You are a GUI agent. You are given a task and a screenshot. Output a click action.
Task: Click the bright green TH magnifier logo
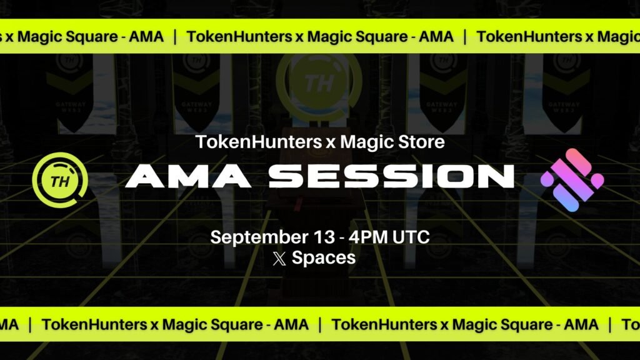pos(60,180)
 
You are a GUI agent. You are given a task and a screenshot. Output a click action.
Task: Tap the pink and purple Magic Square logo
pos(572,180)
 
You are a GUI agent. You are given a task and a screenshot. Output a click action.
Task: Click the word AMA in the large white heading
pos(188,176)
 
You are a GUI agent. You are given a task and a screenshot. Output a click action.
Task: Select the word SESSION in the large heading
pos(391,176)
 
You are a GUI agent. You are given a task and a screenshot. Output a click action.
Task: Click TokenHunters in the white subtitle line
pos(259,142)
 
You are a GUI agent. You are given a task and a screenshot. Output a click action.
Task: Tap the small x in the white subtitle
pos(331,144)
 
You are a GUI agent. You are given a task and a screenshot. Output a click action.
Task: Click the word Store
pos(418,142)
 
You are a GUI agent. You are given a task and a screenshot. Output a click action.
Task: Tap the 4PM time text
pos(368,237)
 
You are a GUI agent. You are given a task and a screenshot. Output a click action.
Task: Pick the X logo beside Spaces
pos(279,258)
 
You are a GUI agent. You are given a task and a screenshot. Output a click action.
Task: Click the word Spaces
pos(324,258)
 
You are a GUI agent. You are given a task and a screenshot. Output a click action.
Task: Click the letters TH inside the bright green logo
pos(60,181)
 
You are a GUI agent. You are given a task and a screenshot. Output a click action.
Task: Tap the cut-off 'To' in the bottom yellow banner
pos(631,325)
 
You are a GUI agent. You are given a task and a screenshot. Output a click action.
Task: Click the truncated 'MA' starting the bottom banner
pos(9,325)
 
